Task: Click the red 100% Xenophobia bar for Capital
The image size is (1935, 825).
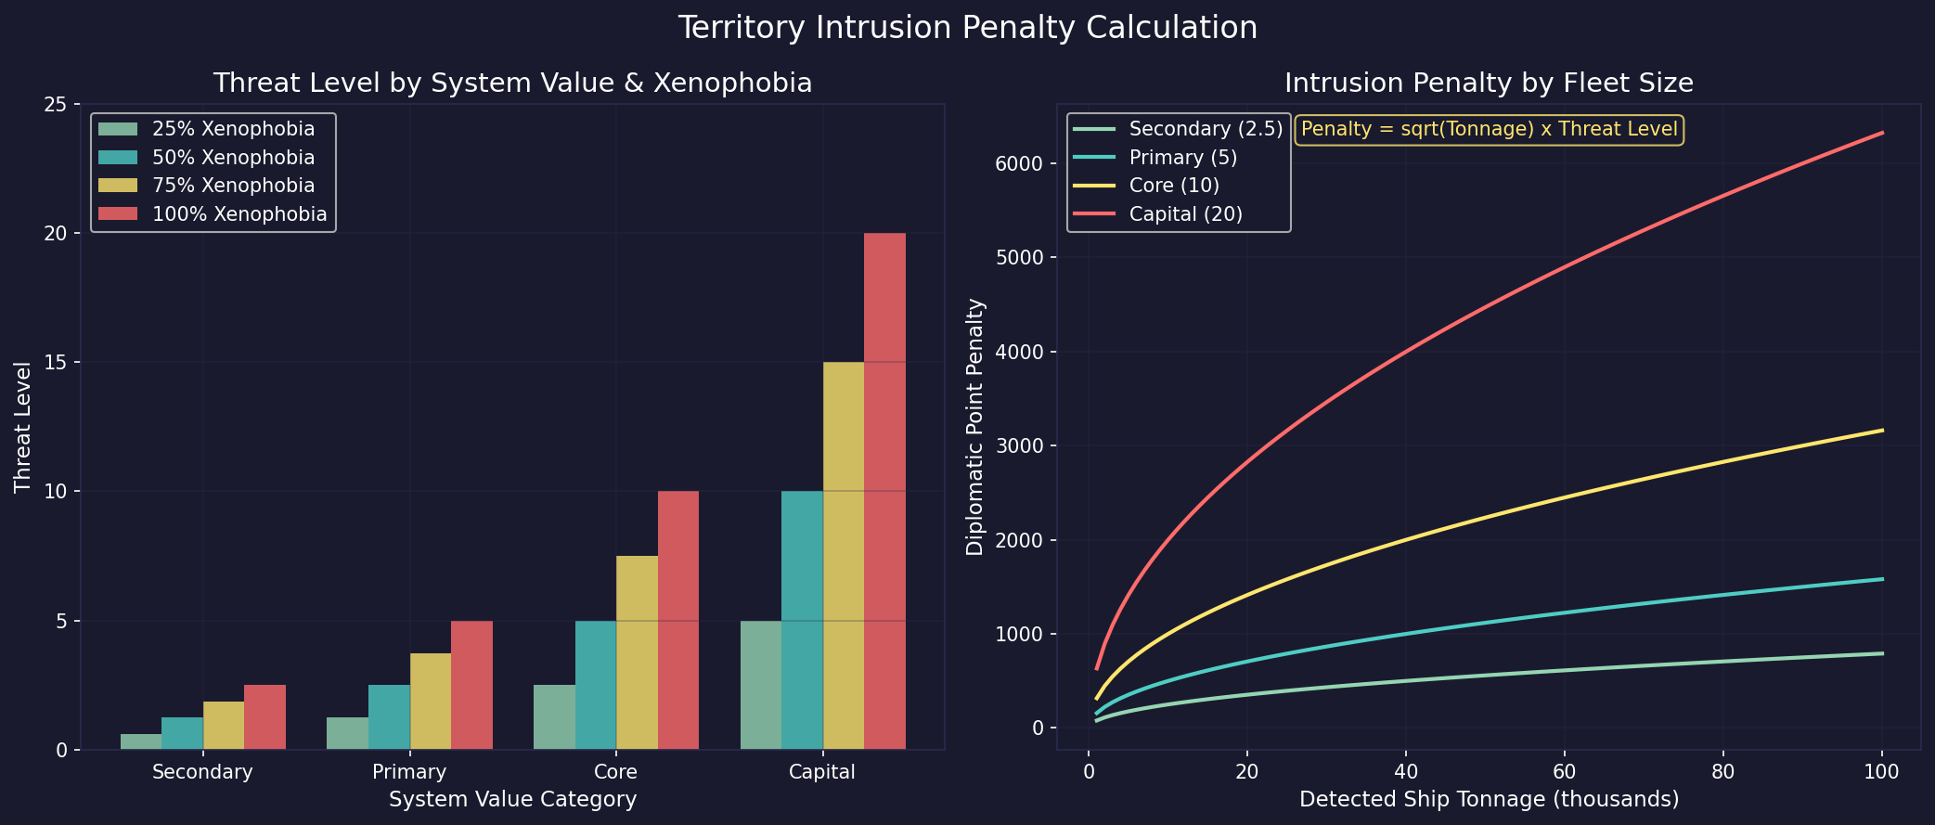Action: click(884, 491)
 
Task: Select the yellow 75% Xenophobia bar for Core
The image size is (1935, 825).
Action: click(637, 652)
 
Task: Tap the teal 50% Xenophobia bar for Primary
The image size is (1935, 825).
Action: click(389, 716)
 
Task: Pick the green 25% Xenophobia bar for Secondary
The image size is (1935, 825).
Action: click(141, 741)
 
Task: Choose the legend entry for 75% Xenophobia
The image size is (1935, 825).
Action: click(232, 186)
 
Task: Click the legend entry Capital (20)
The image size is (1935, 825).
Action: click(1185, 214)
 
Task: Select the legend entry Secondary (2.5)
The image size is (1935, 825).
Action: click(1205, 129)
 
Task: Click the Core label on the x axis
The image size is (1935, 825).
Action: click(615, 772)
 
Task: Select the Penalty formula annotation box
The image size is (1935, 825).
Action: click(1489, 129)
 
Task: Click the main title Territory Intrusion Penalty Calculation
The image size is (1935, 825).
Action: click(967, 28)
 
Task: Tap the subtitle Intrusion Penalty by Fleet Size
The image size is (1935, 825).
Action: click(1489, 84)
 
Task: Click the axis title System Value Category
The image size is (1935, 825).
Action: click(512, 799)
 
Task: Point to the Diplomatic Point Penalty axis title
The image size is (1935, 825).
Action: click(974, 427)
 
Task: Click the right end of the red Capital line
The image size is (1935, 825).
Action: click(1881, 133)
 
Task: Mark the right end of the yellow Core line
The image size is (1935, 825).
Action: click(1881, 431)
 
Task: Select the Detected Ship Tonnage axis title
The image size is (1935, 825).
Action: click(1489, 799)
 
